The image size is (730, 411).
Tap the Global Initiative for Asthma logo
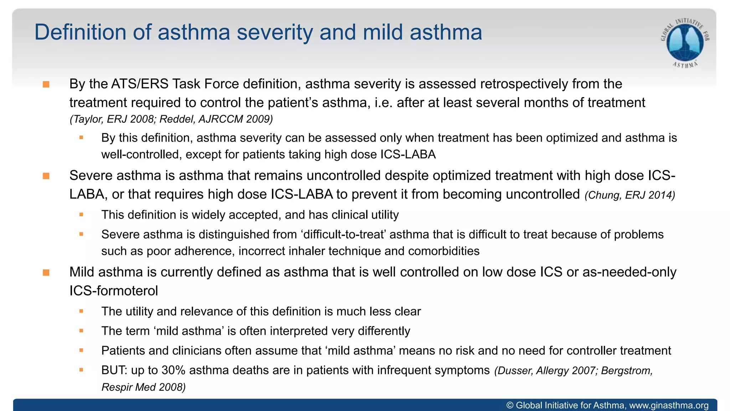[x=685, y=42]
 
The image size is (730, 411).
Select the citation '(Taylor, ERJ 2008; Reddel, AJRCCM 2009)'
[x=171, y=119]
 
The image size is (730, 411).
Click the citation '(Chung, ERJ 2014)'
[x=630, y=195]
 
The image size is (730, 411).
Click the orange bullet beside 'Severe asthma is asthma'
[x=46, y=176]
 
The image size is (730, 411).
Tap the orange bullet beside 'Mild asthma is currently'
[x=46, y=273]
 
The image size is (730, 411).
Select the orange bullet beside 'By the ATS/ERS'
[x=46, y=85]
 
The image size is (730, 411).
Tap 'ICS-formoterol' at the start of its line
[x=113, y=291]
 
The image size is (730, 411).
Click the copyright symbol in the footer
[x=510, y=406]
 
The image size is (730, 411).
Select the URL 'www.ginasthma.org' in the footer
[x=669, y=406]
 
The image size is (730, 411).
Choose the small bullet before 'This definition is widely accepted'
[x=81, y=215]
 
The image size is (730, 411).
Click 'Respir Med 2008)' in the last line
[x=143, y=387]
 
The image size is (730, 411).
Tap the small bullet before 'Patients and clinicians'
[x=81, y=351]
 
